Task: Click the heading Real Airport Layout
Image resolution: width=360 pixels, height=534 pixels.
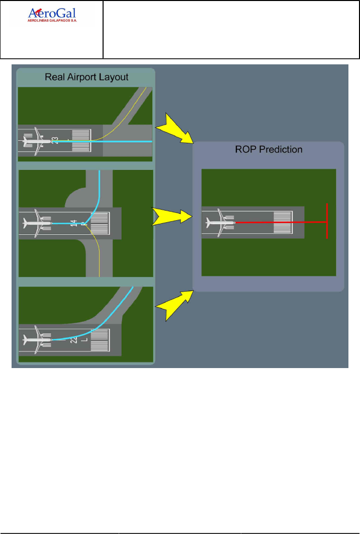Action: point(86,77)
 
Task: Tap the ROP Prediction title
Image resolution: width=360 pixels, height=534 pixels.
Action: point(268,149)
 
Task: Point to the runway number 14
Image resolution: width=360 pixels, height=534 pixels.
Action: point(74,223)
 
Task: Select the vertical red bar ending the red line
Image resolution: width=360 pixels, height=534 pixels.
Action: point(327,221)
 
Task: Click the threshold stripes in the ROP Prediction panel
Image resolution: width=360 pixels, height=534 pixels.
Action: point(282,222)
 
